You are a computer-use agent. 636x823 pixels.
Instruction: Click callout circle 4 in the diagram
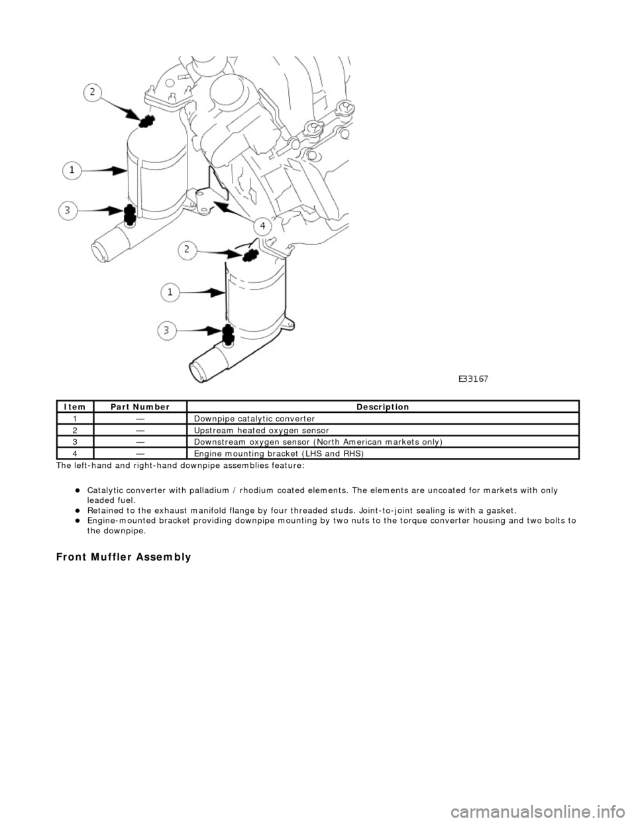point(262,226)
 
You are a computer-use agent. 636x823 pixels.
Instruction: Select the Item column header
point(75,407)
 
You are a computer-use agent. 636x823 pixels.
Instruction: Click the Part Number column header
point(140,407)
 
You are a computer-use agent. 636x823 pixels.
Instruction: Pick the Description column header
point(383,407)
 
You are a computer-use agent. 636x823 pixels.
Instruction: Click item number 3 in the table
point(75,442)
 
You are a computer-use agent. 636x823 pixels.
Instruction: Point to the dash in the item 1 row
point(140,419)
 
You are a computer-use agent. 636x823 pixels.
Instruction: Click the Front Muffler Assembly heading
point(123,557)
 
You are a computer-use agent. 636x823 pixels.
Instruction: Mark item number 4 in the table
point(75,454)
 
